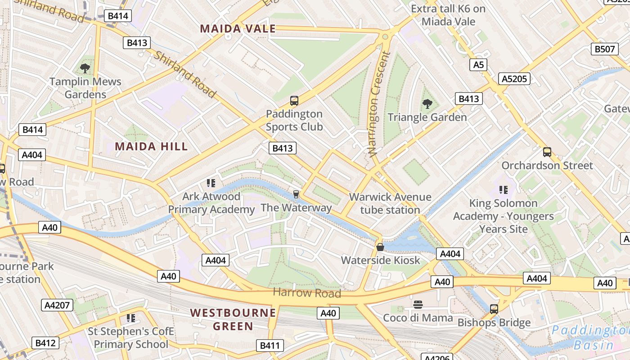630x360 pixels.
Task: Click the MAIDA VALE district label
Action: tap(238, 29)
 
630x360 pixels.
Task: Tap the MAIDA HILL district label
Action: tap(151, 146)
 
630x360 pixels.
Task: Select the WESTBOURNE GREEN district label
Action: tap(233, 319)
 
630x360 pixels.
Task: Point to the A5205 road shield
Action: tap(514, 79)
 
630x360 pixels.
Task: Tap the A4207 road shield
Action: tap(58, 305)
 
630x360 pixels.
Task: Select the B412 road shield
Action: tap(45, 343)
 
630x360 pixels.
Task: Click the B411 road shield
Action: tap(270, 346)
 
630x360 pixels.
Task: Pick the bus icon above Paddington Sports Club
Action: tap(294, 101)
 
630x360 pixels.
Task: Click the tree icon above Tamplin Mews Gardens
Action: tap(85, 68)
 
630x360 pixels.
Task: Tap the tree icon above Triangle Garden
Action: tap(427, 104)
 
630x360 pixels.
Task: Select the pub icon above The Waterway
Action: tap(296, 194)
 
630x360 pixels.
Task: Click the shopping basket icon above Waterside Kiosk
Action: tap(380, 247)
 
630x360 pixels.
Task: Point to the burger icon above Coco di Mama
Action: tap(418, 305)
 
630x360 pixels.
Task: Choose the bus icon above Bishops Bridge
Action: tap(494, 309)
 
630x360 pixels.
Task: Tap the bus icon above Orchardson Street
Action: tap(547, 152)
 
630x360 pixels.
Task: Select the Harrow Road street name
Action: tap(307, 293)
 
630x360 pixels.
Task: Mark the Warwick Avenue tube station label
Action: tap(390, 203)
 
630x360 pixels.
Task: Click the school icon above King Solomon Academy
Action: tap(503, 190)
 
